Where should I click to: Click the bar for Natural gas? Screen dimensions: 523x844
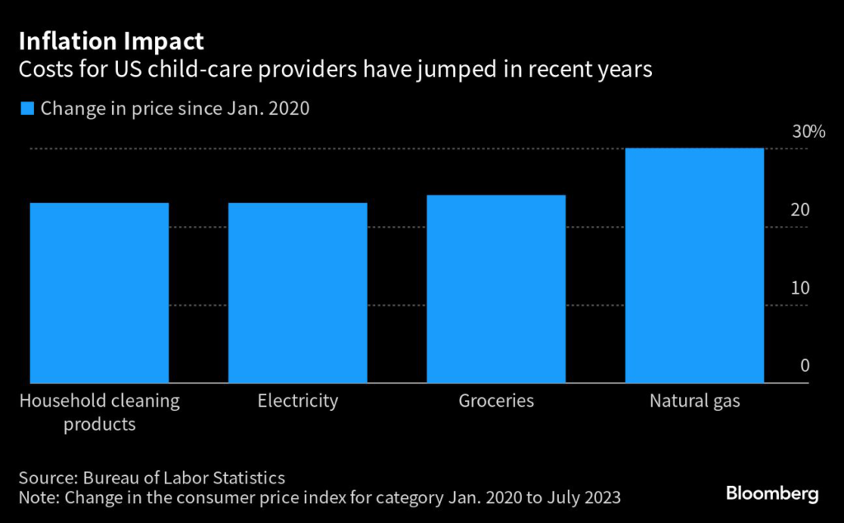[694, 266]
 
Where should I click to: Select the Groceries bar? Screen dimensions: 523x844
[496, 289]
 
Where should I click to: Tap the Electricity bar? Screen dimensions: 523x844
[298, 293]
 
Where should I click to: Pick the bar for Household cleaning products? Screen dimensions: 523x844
[99, 293]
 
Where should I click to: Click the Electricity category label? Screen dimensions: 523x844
[298, 402]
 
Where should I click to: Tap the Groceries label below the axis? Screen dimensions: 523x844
[496, 402]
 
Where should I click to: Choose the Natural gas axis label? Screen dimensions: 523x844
[695, 403]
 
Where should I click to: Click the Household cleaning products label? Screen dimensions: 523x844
[99, 412]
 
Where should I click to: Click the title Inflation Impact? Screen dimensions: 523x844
[111, 41]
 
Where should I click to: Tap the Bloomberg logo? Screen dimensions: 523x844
[771, 493]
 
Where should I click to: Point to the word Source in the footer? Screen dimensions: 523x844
[46, 478]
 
